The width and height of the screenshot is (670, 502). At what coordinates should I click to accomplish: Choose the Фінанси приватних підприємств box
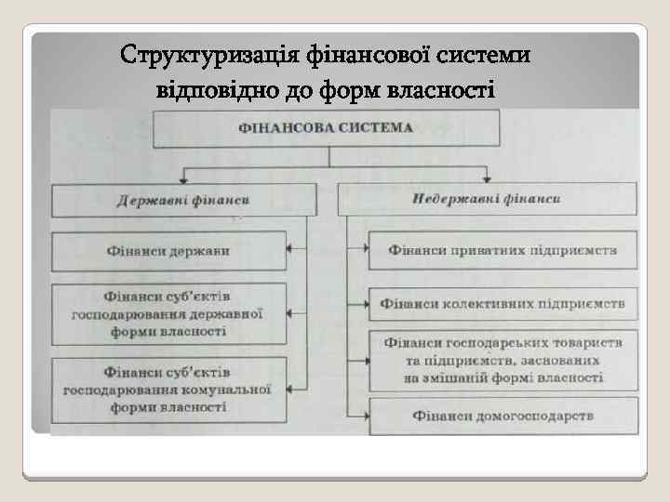(x=502, y=251)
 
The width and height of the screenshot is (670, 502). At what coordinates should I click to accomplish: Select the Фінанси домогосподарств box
(x=503, y=416)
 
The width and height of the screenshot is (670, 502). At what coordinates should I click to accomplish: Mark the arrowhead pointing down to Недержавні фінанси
(x=486, y=179)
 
